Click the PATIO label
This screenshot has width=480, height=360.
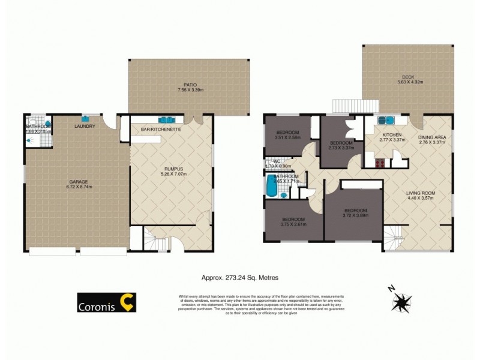[191, 85]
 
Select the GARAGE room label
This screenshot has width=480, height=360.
[77, 181]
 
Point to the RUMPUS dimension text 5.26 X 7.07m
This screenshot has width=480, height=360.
[171, 175]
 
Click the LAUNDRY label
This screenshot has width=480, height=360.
[85, 126]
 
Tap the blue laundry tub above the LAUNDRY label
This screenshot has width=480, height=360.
[85, 117]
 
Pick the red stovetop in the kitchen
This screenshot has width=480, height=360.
[380, 163]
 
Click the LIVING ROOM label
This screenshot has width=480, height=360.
[420, 193]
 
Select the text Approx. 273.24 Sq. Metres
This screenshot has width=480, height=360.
[239, 277]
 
